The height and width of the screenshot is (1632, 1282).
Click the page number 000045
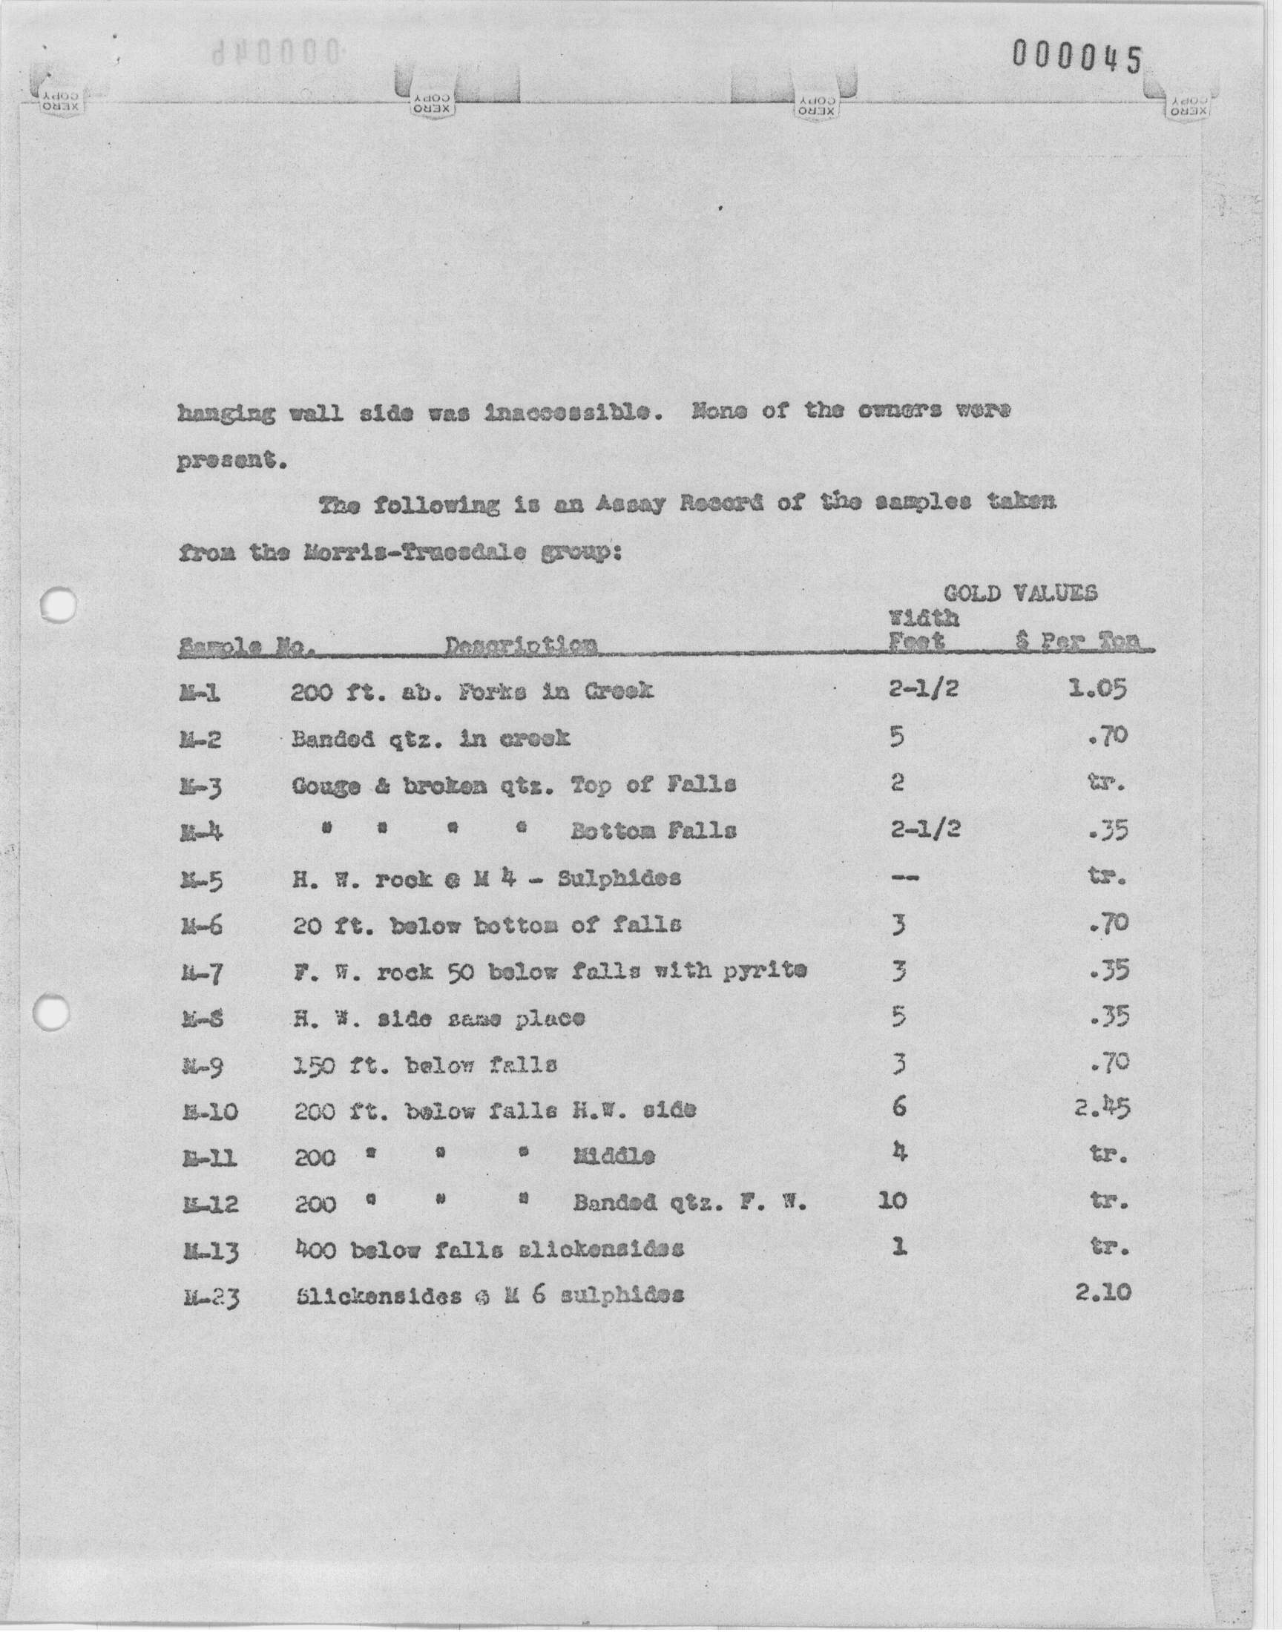[x=1076, y=57]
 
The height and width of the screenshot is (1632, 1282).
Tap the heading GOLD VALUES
[x=1020, y=593]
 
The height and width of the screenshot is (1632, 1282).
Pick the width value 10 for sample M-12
[x=892, y=1201]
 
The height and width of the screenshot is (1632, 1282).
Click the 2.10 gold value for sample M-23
[x=1102, y=1293]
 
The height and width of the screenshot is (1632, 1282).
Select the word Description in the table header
[x=521, y=645]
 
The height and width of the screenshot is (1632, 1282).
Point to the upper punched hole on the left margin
[x=59, y=605]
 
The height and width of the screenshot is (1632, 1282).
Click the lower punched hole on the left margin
[x=53, y=1013]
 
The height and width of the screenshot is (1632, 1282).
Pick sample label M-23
[x=211, y=1297]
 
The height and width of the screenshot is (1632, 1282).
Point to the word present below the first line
[x=231, y=461]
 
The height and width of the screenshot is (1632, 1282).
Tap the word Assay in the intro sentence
[x=631, y=504]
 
